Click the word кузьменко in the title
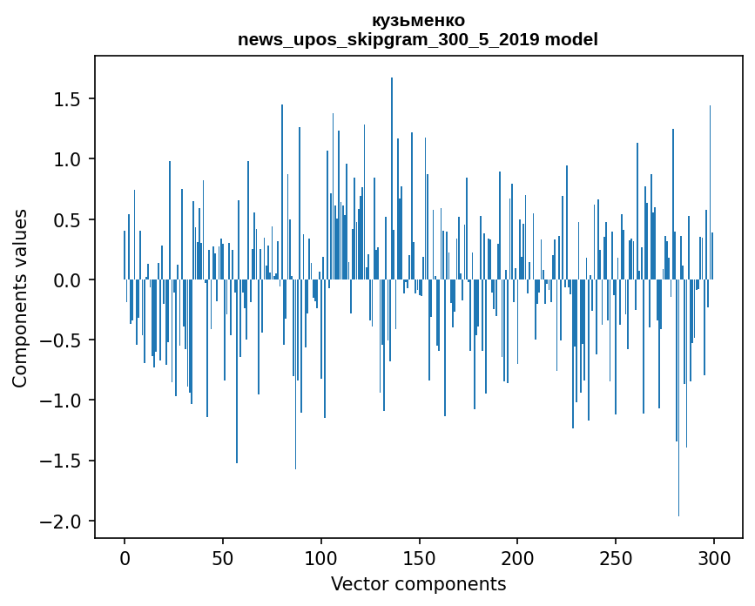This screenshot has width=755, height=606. [418, 21]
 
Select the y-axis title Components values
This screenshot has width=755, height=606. [20, 297]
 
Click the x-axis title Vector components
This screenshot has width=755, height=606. [418, 583]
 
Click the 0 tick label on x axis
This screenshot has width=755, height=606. [125, 557]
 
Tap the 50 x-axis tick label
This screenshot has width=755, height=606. [223, 557]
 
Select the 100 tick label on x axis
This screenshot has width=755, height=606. [321, 557]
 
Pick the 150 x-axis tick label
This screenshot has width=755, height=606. [420, 557]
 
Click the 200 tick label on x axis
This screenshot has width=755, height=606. [517, 557]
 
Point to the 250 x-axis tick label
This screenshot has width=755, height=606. [616, 557]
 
